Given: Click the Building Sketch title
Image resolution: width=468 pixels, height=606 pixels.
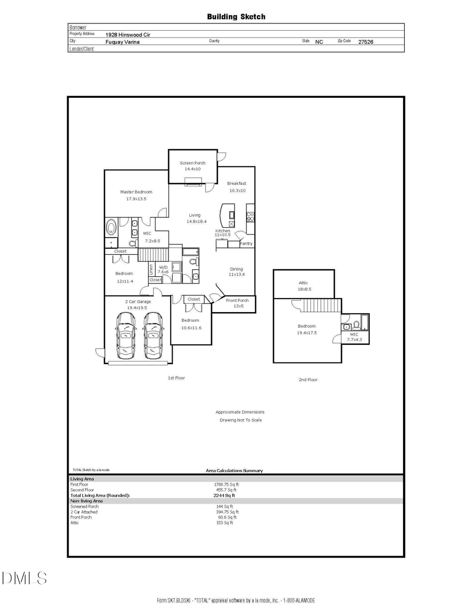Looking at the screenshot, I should [236, 17].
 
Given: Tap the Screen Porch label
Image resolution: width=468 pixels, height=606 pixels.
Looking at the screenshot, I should [192, 163].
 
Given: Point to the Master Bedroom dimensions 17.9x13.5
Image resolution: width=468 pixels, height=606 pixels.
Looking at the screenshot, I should [136, 199].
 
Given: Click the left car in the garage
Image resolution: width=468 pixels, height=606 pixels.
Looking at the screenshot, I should [125, 336].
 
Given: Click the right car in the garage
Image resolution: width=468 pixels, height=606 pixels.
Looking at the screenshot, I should [153, 336].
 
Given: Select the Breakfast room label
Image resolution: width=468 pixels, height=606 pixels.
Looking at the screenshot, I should [237, 183].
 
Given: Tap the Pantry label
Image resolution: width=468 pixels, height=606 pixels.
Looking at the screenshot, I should [246, 243].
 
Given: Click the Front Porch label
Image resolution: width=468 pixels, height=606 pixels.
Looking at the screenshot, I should [237, 300].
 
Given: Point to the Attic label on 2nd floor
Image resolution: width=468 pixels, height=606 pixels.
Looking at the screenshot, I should [304, 282].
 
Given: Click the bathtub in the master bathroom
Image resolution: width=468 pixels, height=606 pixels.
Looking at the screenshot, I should [111, 228].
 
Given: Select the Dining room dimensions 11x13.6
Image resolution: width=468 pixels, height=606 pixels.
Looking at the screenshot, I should [237, 274].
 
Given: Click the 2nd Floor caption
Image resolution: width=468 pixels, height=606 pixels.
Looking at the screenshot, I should [308, 380].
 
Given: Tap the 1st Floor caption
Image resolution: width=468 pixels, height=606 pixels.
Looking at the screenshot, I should [176, 378].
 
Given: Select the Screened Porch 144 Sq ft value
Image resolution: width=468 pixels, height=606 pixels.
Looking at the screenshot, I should [225, 506].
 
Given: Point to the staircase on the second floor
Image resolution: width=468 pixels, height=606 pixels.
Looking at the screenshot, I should [321, 305].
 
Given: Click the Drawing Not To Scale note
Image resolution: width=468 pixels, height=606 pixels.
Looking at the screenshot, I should [240, 420].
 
